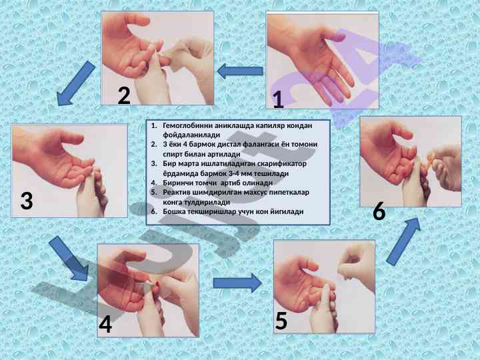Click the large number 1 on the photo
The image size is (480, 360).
coord(278,100)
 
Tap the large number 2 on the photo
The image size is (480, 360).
coord(124,96)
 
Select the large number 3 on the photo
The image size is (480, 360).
coord(27,201)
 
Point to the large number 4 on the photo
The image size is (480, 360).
coord(105,325)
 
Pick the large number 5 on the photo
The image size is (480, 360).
coord(281,321)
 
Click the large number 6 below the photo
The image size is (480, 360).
coord(379,212)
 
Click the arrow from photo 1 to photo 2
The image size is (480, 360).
coord(240,71)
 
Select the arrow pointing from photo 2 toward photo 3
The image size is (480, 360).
coord(75,83)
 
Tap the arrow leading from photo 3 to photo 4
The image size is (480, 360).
coord(69,259)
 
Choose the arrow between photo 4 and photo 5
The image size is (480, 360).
coord(237,283)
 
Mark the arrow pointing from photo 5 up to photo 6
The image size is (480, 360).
coord(403,241)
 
